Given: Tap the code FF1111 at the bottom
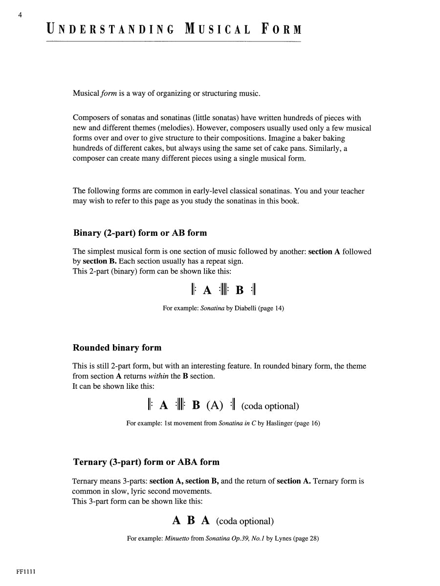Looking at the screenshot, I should tap(26, 572).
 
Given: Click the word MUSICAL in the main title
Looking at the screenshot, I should tap(218, 30).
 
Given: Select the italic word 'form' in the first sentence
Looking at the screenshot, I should tap(109, 93).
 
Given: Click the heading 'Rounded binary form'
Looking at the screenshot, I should tap(117, 348).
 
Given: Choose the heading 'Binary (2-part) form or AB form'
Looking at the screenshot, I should tap(140, 233).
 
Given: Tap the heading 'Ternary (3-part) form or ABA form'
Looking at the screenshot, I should tap(146, 462).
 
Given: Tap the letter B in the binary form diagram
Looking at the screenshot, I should tap(240, 290).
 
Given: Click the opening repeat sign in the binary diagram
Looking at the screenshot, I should tap(194, 290).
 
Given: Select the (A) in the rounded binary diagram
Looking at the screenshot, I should tap(215, 405).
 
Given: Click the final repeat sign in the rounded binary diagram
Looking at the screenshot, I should tap(233, 405).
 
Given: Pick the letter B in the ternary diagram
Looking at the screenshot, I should tap(191, 521).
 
